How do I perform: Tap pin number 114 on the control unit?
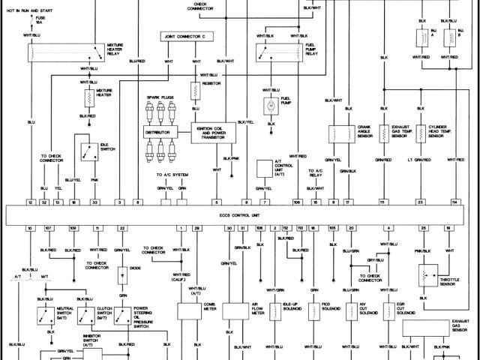click(x=454, y=203)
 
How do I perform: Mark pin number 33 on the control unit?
click(x=94, y=203)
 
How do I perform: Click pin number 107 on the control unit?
click(x=48, y=226)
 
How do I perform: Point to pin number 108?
click(x=297, y=203)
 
